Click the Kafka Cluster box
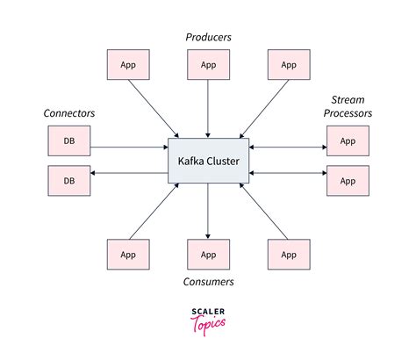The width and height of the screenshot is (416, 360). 208,161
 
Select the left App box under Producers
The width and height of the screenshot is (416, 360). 127,65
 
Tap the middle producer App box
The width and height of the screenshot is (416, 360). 208,65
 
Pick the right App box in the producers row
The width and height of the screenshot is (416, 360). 289,65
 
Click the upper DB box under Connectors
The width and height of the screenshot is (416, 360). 68,140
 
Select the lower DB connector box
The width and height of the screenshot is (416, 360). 68,180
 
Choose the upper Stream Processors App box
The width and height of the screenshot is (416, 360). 348,140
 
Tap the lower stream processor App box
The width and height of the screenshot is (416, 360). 348,180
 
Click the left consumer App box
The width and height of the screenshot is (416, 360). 127,255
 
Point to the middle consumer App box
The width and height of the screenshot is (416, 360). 208,255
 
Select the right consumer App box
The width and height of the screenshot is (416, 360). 289,255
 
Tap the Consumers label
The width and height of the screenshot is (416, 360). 208,282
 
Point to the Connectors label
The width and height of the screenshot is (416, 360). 68,113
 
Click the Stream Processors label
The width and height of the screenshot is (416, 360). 351,106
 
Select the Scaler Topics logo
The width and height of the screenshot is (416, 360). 208,318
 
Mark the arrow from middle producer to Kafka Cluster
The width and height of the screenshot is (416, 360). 208,110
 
